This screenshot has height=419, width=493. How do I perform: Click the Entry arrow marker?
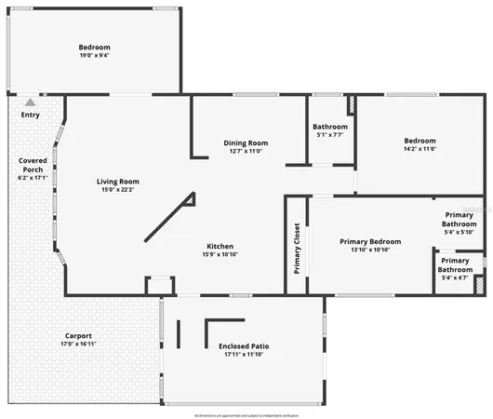(x=31, y=101)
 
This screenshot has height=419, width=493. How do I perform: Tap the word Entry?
(x=31, y=115)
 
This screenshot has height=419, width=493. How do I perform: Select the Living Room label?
(x=118, y=181)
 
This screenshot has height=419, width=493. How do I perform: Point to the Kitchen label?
(x=220, y=246)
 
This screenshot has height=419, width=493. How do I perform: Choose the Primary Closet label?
(x=297, y=248)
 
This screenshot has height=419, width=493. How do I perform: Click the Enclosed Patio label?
(x=244, y=345)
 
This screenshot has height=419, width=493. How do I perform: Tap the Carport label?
(x=78, y=335)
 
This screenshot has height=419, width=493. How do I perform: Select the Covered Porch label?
(x=33, y=165)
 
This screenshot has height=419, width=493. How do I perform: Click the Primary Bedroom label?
(x=370, y=241)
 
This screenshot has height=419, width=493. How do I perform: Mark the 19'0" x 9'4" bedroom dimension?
(x=94, y=56)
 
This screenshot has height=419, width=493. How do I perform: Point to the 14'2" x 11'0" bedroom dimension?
(x=420, y=149)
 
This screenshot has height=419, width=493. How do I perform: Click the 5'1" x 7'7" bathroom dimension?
(x=330, y=135)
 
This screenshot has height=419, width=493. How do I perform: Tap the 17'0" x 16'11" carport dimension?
(x=78, y=344)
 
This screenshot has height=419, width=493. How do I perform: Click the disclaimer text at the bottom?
(x=246, y=415)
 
